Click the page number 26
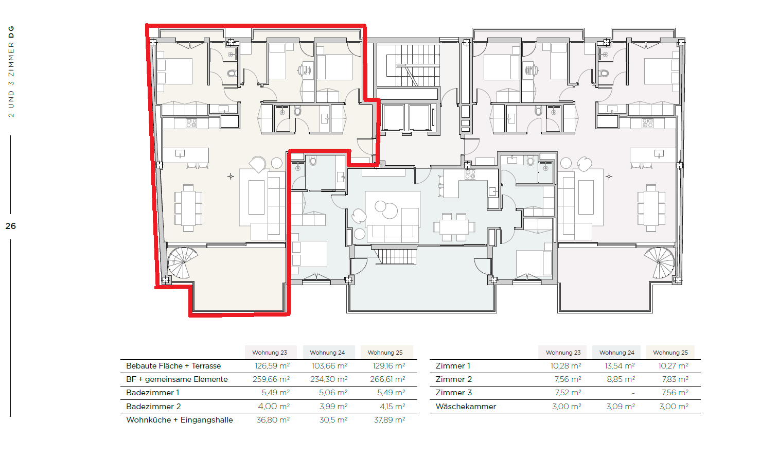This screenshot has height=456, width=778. pyautogui.click(x=11, y=226)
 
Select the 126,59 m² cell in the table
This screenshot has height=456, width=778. pyautogui.click(x=272, y=366)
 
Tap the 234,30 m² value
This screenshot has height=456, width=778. pyautogui.click(x=329, y=379)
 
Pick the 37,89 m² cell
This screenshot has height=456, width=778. pyautogui.click(x=390, y=420)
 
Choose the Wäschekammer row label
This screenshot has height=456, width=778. pyautogui.click(x=466, y=407)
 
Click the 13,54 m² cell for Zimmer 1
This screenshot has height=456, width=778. pyautogui.click(x=620, y=366)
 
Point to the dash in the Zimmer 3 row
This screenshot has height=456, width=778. pyautogui.click(x=633, y=393)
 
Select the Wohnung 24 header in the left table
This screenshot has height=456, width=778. pyautogui.click(x=327, y=353)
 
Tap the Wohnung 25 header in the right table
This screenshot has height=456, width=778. pyautogui.click(x=670, y=353)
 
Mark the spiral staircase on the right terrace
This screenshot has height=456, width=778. pyautogui.click(x=660, y=262)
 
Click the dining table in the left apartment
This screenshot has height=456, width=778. pyautogui.click(x=188, y=208)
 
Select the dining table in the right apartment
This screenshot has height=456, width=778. pyautogui.click(x=651, y=208)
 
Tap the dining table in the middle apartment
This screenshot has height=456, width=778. pyautogui.click(x=454, y=227)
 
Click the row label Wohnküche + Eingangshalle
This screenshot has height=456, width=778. pyautogui.click(x=180, y=420)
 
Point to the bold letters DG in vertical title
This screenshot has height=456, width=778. pyautogui.click(x=11, y=32)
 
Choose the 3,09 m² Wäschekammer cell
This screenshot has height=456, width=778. pyautogui.click(x=621, y=407)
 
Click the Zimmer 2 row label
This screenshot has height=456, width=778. pyautogui.click(x=454, y=379)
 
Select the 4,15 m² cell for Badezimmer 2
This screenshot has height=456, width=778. pyautogui.click(x=393, y=407)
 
